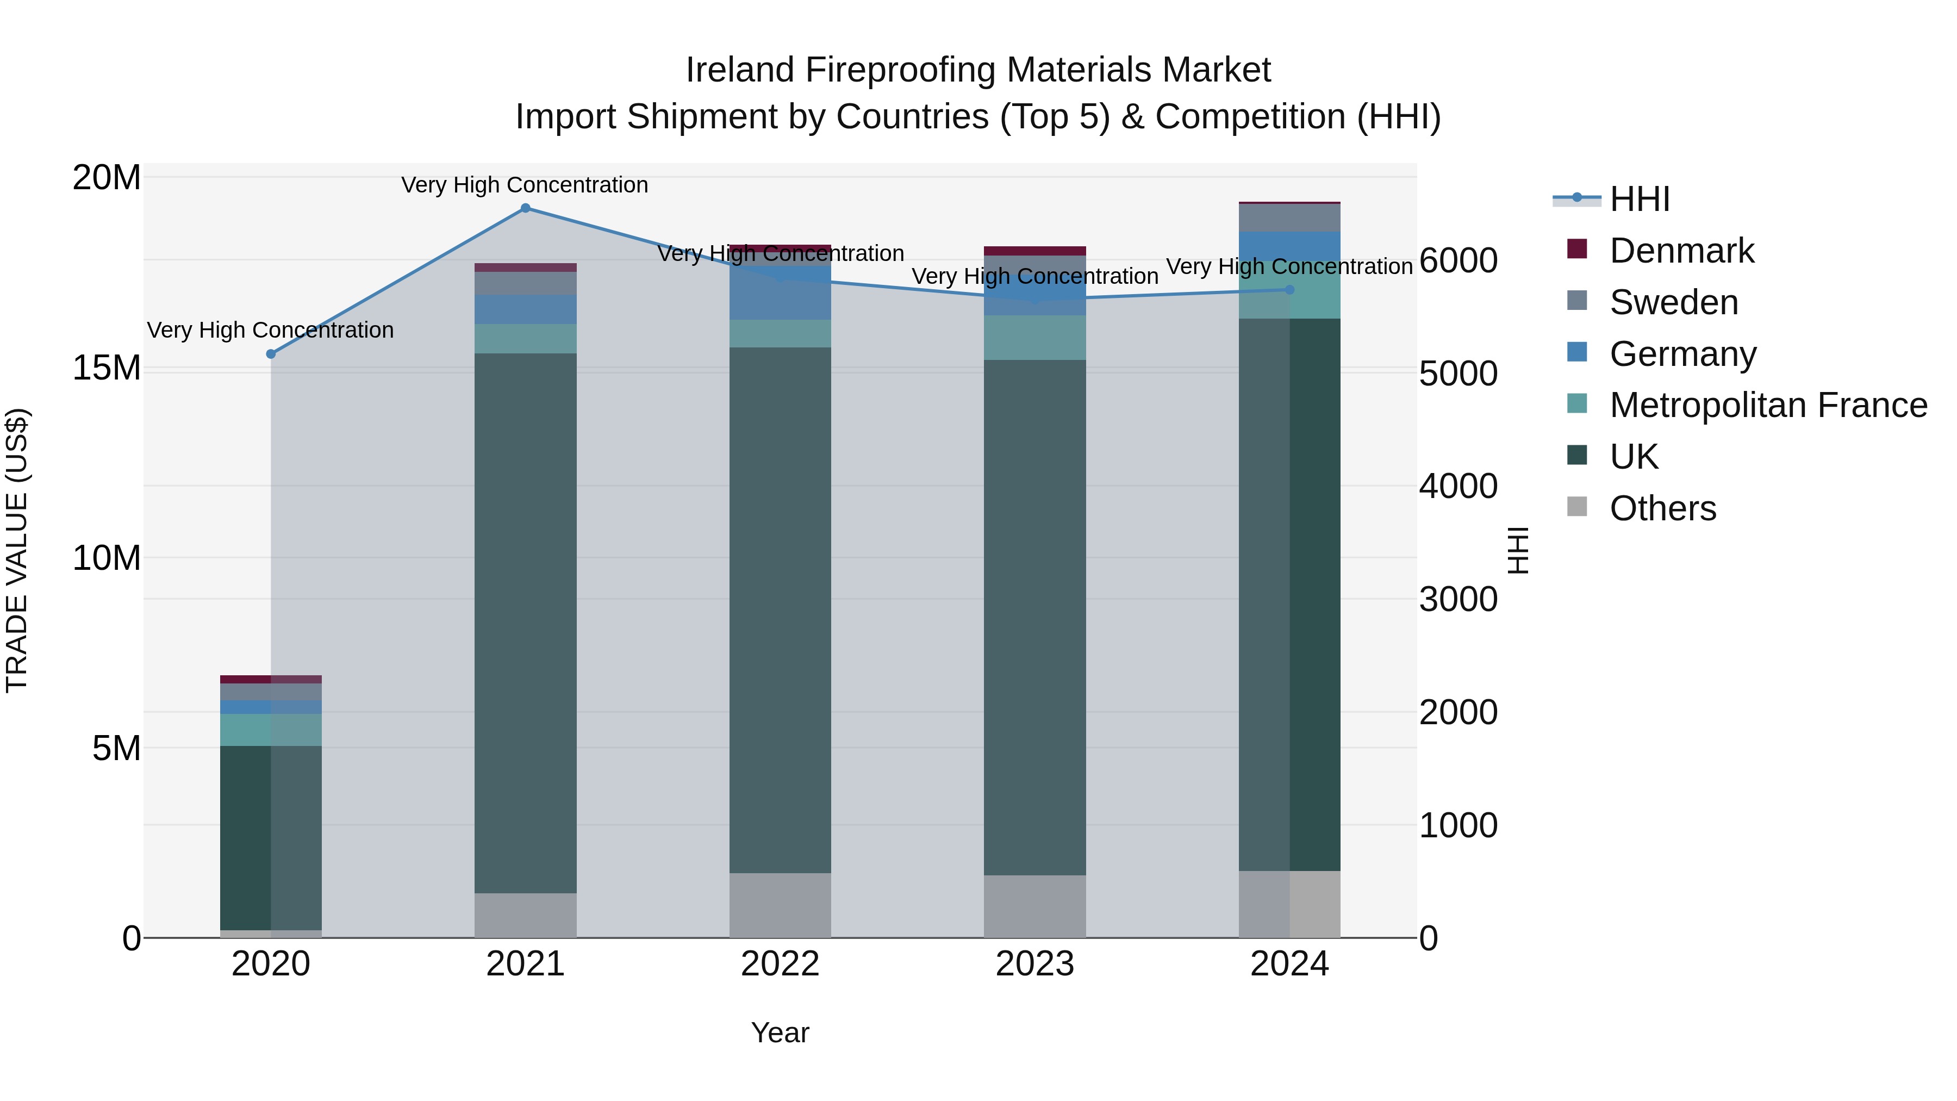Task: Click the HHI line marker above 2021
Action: point(525,208)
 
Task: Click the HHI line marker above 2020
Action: point(271,354)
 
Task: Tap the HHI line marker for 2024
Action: point(1289,289)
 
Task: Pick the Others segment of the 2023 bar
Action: point(1034,906)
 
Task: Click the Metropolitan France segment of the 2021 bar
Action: point(525,339)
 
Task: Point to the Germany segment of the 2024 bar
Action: point(1289,245)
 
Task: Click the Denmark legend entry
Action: point(1681,251)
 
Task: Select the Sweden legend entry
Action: point(1674,302)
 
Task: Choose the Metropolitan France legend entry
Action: point(1768,405)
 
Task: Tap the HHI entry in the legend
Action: point(1640,199)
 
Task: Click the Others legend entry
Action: point(1662,508)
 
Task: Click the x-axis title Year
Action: point(780,1032)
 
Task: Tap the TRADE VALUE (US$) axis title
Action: point(17,550)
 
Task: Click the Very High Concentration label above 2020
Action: point(271,331)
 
